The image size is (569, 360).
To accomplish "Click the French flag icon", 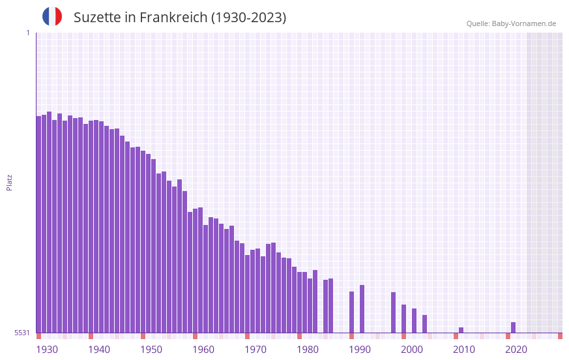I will [x=52, y=17].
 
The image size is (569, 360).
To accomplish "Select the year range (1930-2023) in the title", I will [x=248, y=18].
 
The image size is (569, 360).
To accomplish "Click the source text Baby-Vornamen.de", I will [x=523, y=23].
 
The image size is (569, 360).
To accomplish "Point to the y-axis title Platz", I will [x=9, y=182].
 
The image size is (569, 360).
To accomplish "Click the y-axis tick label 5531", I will [x=22, y=333].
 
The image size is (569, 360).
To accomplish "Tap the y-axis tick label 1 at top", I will [x=27, y=33].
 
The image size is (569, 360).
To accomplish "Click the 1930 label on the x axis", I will [x=47, y=350].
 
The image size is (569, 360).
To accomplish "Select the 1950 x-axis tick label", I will [x=151, y=350].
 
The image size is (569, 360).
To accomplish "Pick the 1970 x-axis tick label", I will [x=255, y=350].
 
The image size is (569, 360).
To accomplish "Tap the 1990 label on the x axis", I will [x=360, y=350].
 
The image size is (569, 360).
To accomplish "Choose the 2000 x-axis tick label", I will [x=412, y=350].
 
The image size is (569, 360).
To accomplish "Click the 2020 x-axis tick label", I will [x=516, y=350].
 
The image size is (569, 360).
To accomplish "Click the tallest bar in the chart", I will [x=49, y=222].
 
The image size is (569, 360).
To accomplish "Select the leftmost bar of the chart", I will [x=38, y=224].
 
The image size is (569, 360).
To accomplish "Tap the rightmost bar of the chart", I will [x=513, y=327].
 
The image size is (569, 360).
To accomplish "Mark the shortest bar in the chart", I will [x=461, y=330].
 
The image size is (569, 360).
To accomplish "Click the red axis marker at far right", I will [x=560, y=336].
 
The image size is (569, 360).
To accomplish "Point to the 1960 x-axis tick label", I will [x=203, y=350].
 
